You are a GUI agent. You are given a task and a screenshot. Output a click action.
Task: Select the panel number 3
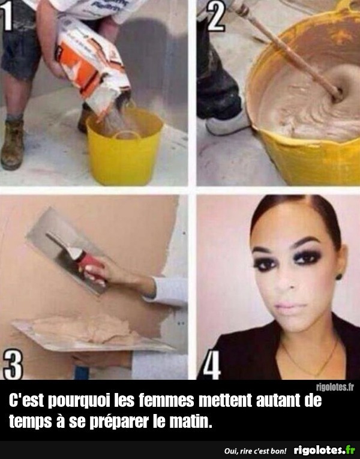(x=13, y=365)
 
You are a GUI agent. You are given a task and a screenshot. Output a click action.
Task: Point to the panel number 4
(x=212, y=365)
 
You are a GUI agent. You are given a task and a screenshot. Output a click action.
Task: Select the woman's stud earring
(x=339, y=276)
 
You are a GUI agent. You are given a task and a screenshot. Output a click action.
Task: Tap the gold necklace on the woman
(x=310, y=362)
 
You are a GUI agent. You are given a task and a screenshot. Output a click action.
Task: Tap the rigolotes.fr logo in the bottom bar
(x=325, y=450)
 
